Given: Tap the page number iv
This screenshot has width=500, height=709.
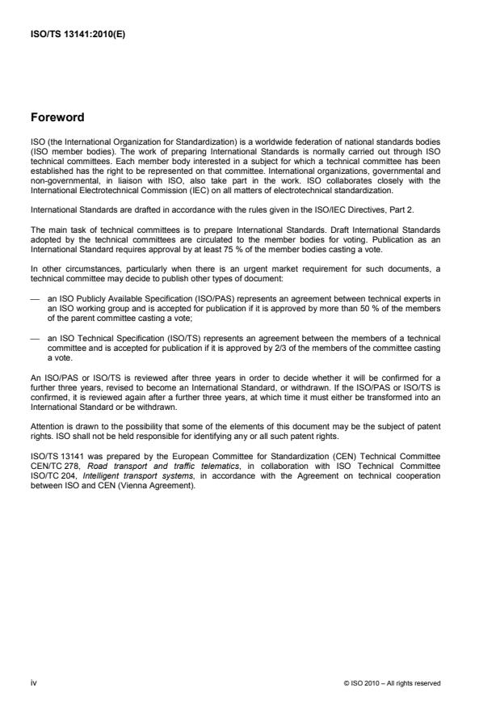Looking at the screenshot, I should [x=34, y=683].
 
